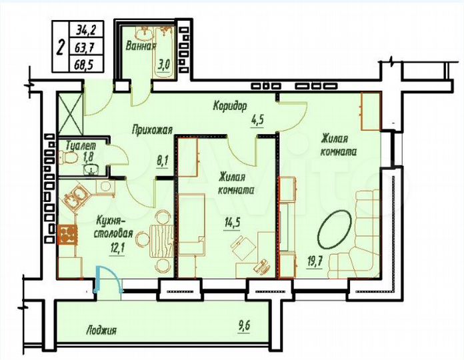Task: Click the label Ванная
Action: point(141,47)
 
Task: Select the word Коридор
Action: point(230,105)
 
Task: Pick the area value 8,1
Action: point(162,160)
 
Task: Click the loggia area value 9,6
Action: point(247,327)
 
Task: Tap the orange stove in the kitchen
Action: point(67,235)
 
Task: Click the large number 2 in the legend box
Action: point(61,47)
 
